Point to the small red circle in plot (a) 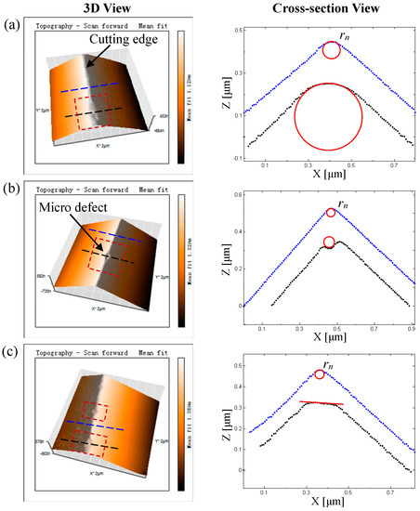click(332, 50)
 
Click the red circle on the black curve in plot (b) click(329, 242)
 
